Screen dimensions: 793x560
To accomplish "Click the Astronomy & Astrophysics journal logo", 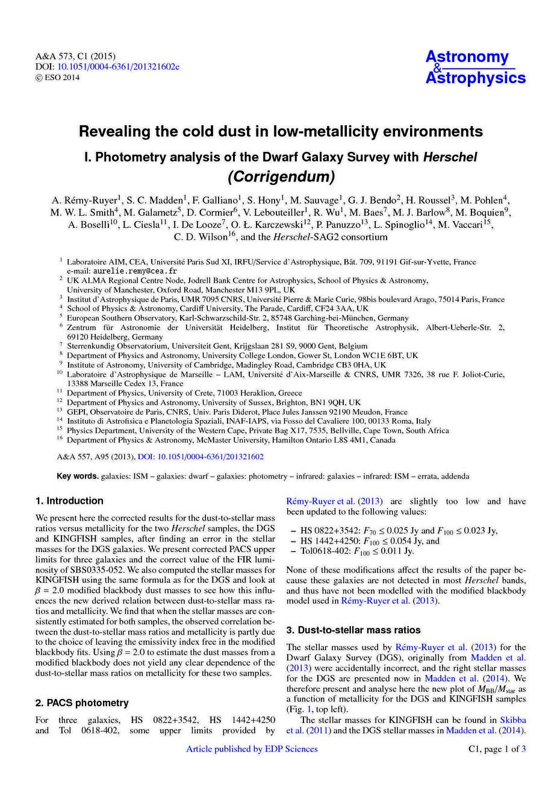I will coord(475,67).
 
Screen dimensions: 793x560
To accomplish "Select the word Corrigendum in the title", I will coord(280,177).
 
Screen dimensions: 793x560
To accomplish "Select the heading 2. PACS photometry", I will coord(82,703).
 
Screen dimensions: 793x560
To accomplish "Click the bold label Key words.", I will coord(78,476).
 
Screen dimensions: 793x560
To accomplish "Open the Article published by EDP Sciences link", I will coord(252,749).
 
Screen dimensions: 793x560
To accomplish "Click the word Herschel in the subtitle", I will coord(450,157).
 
